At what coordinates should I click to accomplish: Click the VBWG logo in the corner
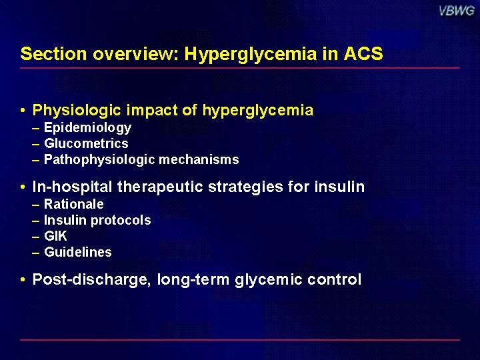click(x=457, y=11)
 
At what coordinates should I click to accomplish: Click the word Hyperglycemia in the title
click(x=251, y=55)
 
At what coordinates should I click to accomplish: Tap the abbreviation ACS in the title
click(x=363, y=53)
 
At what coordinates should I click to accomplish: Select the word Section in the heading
click(x=53, y=53)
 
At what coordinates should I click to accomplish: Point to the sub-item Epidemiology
click(x=87, y=128)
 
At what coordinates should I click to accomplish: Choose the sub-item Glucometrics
click(x=86, y=143)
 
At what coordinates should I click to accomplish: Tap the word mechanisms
click(x=199, y=159)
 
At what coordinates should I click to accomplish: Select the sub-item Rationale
click(x=74, y=204)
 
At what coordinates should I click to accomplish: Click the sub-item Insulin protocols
click(x=97, y=221)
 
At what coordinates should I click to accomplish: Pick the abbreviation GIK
click(x=55, y=236)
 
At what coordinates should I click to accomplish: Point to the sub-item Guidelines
click(x=78, y=252)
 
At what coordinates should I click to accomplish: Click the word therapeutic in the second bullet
click(x=160, y=187)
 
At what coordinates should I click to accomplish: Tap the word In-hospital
click(x=72, y=187)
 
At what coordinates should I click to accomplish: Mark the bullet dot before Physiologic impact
click(x=23, y=109)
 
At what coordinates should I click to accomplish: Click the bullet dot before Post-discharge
click(x=23, y=279)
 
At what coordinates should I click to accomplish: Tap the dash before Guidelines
click(x=36, y=253)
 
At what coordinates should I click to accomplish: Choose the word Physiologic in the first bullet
click(x=77, y=111)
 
